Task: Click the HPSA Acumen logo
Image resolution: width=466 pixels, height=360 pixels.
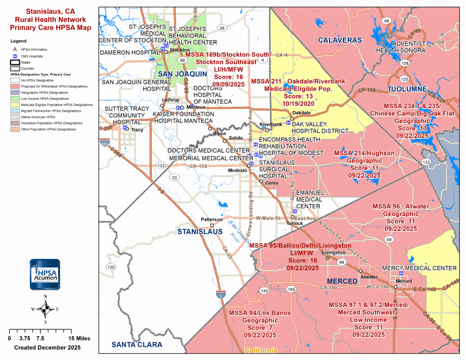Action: [x=45, y=274]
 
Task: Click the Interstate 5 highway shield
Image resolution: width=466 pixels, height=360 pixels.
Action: [x=221, y=294]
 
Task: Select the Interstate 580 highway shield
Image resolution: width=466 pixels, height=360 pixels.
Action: [x=105, y=143]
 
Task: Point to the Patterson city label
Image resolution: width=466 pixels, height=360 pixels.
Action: [x=211, y=219]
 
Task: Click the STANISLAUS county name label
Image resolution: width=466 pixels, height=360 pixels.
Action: [x=200, y=232]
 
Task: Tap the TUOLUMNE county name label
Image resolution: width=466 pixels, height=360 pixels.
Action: [x=407, y=89]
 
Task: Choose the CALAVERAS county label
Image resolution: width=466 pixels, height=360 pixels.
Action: [x=340, y=40]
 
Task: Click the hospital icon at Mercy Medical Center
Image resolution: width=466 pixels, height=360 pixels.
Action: [x=401, y=273]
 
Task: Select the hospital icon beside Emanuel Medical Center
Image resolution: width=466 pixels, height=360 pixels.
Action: [x=295, y=211]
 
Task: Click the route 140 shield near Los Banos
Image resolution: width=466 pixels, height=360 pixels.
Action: [x=264, y=291]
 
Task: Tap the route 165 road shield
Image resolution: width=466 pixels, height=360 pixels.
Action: [x=291, y=289]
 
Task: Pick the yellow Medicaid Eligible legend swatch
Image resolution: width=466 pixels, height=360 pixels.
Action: [x=15, y=105]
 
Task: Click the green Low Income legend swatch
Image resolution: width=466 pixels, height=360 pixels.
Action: [x=15, y=99]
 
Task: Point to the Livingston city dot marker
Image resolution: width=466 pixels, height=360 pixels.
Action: [x=328, y=258]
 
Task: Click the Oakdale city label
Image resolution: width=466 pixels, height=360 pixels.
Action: [x=301, y=113]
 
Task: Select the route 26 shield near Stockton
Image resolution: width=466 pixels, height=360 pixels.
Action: [x=222, y=28]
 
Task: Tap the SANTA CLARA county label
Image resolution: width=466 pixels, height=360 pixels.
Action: [x=137, y=345]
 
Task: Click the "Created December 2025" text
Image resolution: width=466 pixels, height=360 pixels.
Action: [x=47, y=348]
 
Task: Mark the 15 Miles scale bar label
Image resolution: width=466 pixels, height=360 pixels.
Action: [x=79, y=338]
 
